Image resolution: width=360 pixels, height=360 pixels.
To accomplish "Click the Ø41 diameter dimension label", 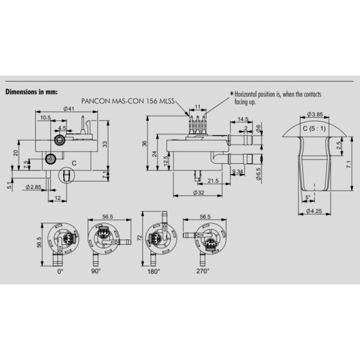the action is coord(69,109).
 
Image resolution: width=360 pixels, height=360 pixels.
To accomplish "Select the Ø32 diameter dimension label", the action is coord(199,193).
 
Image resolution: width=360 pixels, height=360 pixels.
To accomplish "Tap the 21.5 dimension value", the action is coord(213,181).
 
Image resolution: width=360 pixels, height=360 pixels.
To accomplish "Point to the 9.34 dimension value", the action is coord(238,171).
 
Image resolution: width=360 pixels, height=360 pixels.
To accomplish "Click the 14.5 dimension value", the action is coord(243,119).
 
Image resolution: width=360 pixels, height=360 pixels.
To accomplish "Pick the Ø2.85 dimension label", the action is coord(33,187).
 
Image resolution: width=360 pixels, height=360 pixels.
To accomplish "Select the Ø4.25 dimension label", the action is coord(314,211).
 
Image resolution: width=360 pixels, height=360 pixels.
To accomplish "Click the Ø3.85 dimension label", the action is coord(315,114).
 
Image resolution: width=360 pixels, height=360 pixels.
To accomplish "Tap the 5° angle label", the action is coord(308,197).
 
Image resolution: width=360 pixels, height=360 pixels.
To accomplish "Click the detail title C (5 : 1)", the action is coord(314,128).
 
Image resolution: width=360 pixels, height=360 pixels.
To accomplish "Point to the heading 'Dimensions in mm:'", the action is coord(32,92).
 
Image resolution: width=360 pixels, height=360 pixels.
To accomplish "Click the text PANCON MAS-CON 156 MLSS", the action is coord(128,101).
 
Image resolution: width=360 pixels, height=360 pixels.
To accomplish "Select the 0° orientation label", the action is coord(60,271).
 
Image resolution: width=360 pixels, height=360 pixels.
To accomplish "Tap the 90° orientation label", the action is coord(96,271).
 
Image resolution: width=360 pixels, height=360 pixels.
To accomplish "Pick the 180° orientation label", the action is coord(154,271).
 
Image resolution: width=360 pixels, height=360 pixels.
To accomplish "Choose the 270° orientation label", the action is coord(203,271).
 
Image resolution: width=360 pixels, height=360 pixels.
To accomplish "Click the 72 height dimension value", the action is coord(140,238).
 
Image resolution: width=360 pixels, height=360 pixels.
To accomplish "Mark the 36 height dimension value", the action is coord(144,144).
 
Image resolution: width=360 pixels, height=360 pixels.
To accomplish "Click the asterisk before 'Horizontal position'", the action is coord(232,94).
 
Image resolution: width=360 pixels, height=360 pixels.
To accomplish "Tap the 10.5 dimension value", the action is coord(45,118).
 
